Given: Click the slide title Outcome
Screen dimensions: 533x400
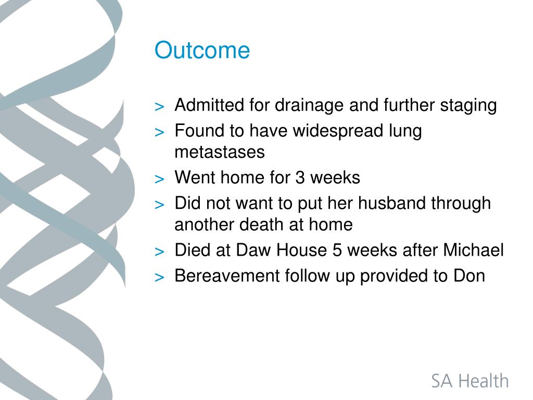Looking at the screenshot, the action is tap(202, 51).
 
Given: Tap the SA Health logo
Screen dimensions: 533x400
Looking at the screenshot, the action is tap(470, 381).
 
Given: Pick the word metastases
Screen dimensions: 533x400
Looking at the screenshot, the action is tap(220, 152).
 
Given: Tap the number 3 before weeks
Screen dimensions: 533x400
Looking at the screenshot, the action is tap(300, 178).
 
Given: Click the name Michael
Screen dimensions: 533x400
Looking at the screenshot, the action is tap(473, 250).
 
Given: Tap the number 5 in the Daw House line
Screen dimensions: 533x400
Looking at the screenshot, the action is tap(337, 251).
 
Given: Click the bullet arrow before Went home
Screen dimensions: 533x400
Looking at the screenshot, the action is tap(159, 179).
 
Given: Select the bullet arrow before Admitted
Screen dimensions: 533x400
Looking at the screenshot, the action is tap(159, 107).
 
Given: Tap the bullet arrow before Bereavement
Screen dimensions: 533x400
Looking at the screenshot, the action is tap(159, 278).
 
